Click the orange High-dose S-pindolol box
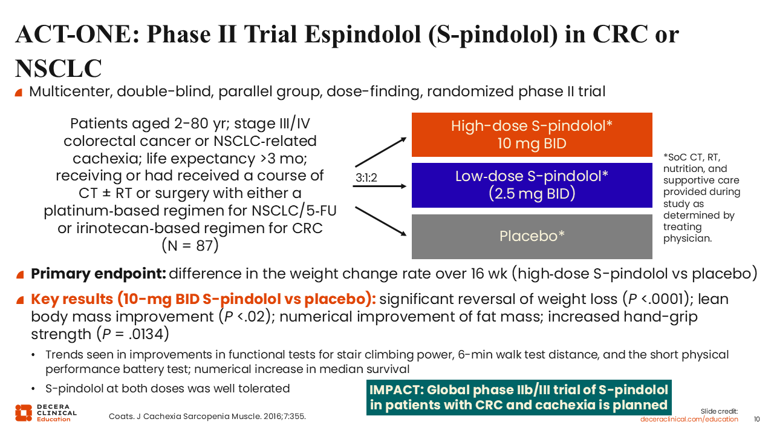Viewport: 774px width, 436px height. click(532, 134)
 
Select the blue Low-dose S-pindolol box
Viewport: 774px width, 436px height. click(532, 185)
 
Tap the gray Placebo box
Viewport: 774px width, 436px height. click(532, 236)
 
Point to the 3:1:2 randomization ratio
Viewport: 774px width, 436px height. click(366, 178)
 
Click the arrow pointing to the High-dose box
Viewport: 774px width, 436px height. click(381, 152)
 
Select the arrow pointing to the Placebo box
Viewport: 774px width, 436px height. click(381, 222)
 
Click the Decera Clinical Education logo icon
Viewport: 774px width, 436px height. click(24, 413)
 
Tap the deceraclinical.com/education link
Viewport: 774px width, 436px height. click(689, 419)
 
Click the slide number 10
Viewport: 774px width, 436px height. click(756, 419)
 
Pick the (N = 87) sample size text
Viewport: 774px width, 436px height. click(190, 246)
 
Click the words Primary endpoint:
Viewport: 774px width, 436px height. click(99, 274)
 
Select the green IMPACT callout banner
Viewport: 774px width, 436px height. click(519, 397)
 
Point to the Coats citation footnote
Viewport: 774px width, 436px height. click(207, 416)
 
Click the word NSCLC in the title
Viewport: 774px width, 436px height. click(59, 68)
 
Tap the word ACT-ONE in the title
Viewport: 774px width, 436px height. click(77, 35)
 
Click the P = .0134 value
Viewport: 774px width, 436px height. click(132, 334)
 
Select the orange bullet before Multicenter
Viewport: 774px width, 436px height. click(19, 93)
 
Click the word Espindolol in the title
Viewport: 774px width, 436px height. click(362, 35)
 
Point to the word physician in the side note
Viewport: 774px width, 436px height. click(688, 239)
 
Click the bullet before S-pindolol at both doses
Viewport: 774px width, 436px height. click(33, 389)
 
